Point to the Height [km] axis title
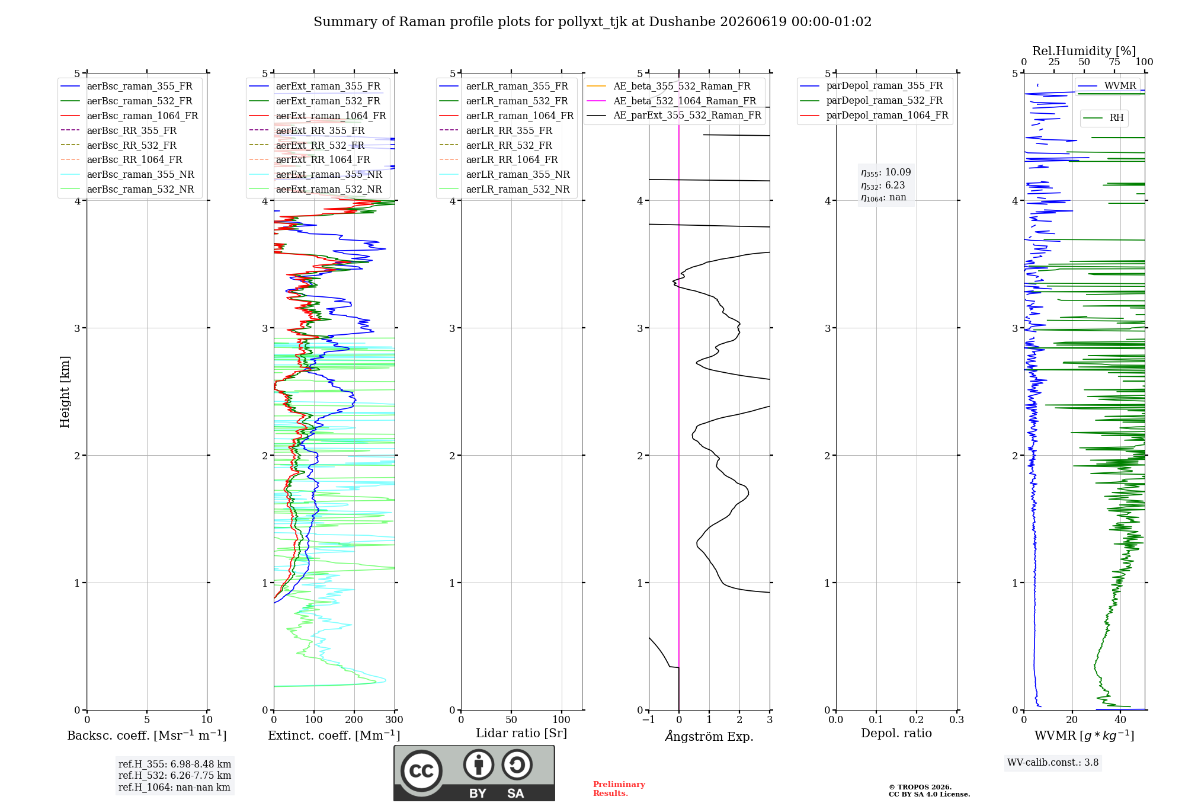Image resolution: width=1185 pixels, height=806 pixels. tap(65, 392)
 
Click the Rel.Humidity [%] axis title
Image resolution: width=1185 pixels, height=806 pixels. tap(1084, 51)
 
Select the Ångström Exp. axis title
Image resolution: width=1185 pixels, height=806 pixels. tap(709, 736)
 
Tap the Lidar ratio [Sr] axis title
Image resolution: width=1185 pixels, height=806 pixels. tap(521, 733)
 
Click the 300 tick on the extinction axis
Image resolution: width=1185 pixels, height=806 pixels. tap(394, 719)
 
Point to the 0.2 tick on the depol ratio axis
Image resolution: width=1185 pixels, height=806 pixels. tap(917, 719)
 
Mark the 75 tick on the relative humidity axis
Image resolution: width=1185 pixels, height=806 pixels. tap(1114, 62)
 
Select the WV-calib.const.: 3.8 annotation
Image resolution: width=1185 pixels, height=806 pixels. tap(1053, 762)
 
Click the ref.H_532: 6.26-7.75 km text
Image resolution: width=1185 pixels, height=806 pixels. tap(175, 775)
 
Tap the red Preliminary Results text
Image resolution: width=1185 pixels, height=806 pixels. tap(619, 789)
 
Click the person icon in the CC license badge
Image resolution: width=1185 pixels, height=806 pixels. tap(479, 765)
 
